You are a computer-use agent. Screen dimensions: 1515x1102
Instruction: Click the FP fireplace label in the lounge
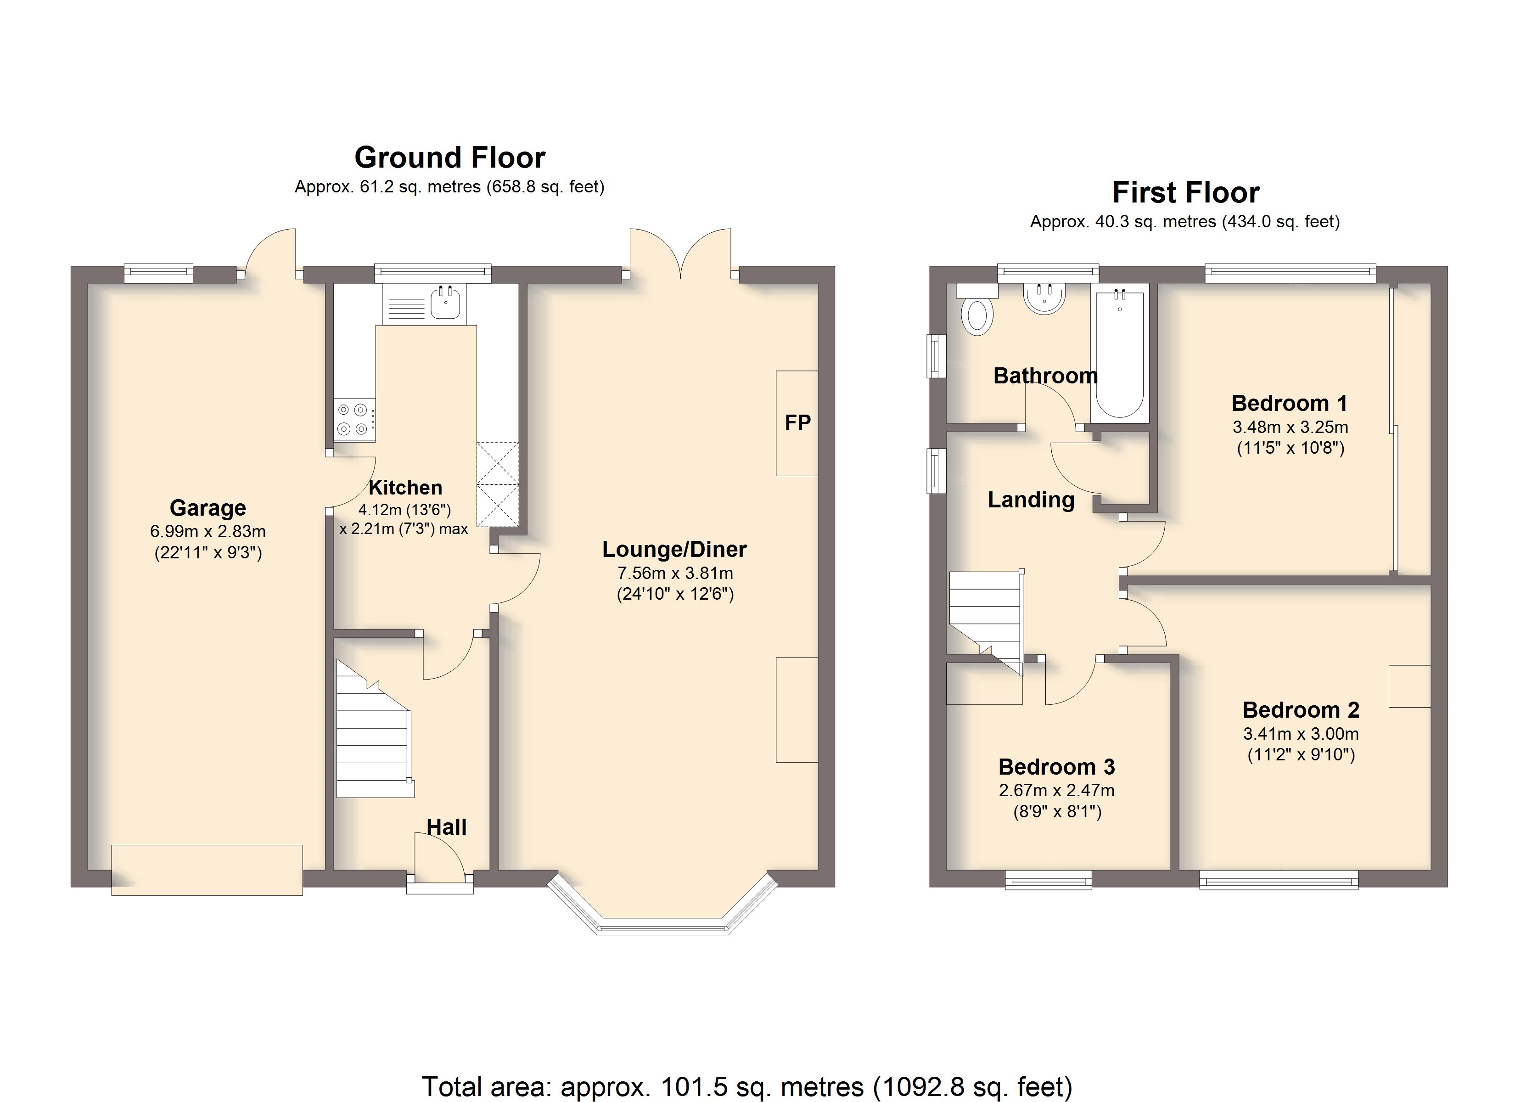point(797,422)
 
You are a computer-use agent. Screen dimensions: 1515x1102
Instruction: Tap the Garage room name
point(208,508)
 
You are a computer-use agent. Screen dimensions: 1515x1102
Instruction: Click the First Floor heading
point(1186,192)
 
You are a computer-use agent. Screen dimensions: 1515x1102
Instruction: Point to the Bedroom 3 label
point(1057,766)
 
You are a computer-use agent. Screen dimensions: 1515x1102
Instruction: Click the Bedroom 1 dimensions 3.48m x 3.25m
point(1291,427)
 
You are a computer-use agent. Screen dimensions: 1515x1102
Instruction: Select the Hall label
point(446,827)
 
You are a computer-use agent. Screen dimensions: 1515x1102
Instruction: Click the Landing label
point(1032,500)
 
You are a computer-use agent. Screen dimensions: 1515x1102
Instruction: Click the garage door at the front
point(207,870)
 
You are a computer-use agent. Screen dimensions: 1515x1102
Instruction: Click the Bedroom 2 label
point(1301,710)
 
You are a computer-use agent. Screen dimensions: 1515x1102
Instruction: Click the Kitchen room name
point(405,487)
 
